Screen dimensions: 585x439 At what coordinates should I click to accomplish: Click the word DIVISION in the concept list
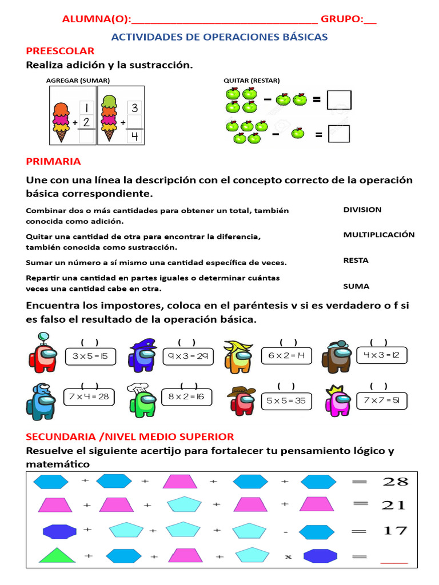(362, 210)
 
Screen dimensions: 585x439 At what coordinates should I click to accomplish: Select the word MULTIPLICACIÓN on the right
(378, 235)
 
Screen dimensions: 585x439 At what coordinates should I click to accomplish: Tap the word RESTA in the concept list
(356, 261)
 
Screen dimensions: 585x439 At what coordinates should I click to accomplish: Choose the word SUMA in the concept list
(356, 286)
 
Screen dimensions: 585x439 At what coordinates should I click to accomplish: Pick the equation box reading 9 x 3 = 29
(187, 356)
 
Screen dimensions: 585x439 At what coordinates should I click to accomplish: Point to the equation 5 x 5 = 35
(286, 401)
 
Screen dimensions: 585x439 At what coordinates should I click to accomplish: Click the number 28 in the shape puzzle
(395, 482)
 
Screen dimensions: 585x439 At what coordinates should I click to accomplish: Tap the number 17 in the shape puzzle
(395, 531)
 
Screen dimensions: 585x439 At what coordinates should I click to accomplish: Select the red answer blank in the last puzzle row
(394, 561)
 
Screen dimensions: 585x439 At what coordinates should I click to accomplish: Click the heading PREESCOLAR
(60, 51)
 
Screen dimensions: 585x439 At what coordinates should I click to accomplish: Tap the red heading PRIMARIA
(53, 162)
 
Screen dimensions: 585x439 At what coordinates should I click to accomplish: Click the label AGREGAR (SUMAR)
(78, 81)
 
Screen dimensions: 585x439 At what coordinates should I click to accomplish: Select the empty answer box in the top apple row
(339, 100)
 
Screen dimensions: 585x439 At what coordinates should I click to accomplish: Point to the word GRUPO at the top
(341, 20)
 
